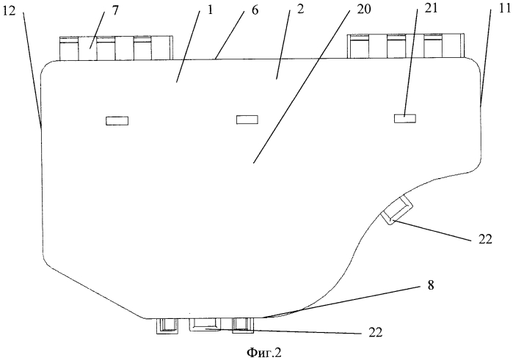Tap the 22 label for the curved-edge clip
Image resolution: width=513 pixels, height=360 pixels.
pyautogui.click(x=486, y=239)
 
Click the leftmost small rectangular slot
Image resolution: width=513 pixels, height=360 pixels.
pyautogui.click(x=117, y=121)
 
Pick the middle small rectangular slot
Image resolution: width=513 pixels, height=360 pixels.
pyautogui.click(x=247, y=119)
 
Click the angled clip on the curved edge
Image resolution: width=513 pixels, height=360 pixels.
pyautogui.click(x=397, y=210)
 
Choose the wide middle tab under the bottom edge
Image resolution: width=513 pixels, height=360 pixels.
pyautogui.click(x=208, y=324)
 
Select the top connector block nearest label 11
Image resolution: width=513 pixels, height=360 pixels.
pyautogui.click(x=405, y=45)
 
